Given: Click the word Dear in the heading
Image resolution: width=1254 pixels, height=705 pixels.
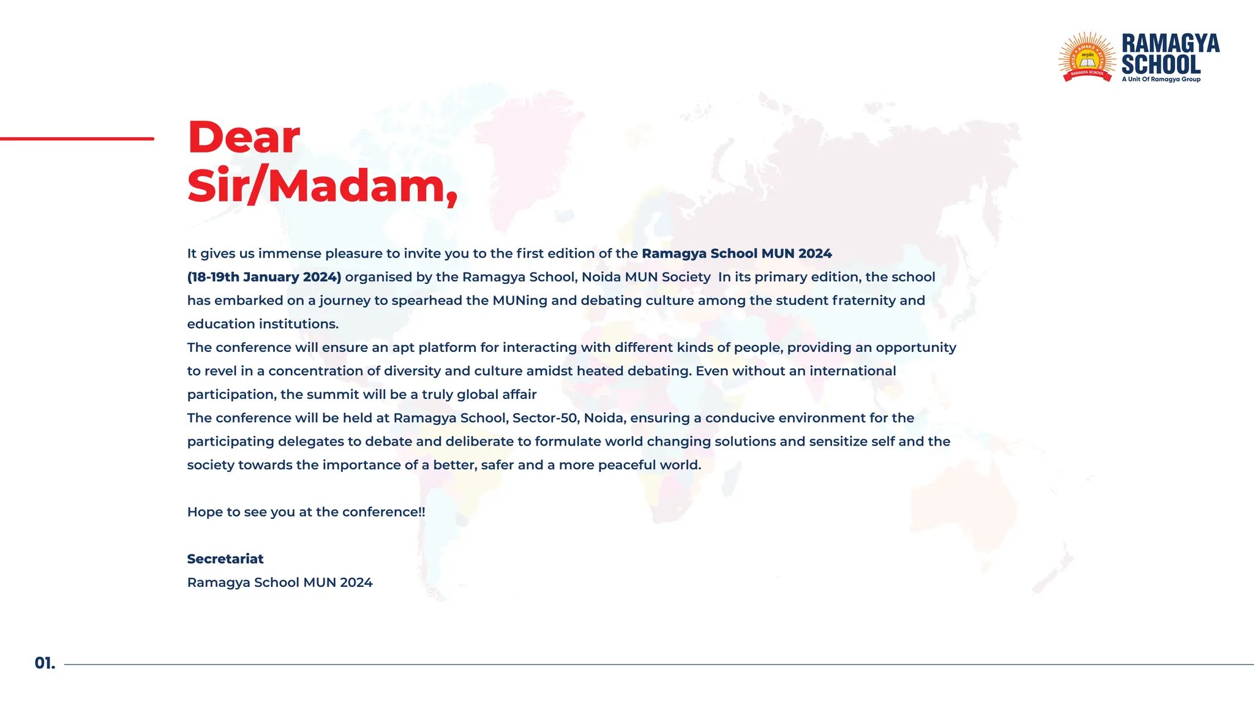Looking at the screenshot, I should (x=244, y=137).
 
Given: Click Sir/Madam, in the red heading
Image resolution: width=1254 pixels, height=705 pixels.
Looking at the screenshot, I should (x=322, y=186).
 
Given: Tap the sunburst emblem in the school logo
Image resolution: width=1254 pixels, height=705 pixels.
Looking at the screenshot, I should (x=1087, y=58).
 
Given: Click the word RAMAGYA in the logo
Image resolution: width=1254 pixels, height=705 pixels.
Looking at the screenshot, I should (x=1170, y=43).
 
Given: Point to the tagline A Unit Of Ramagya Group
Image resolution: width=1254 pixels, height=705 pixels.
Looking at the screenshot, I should (x=1161, y=80).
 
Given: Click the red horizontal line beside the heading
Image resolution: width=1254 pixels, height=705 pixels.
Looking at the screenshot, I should (x=77, y=139).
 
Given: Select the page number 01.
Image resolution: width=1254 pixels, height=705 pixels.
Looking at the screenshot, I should (x=45, y=663).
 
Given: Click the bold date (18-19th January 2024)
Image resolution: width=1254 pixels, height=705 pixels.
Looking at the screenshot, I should (x=264, y=277).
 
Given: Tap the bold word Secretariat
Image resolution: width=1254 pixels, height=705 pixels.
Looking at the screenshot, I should (x=225, y=559).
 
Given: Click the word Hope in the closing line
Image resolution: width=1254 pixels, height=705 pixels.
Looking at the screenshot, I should (x=205, y=512).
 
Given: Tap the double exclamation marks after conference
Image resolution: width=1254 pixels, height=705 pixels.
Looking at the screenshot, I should (x=421, y=512).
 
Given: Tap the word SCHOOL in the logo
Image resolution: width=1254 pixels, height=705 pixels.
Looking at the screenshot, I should (x=1161, y=64).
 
